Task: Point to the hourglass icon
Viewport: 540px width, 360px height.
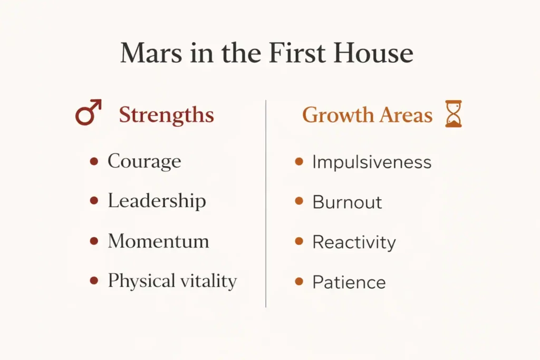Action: pos(453,114)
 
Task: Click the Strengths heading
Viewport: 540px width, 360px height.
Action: pos(166,115)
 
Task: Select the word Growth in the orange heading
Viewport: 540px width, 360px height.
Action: pos(339,115)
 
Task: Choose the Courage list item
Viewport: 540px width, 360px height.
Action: pos(144,161)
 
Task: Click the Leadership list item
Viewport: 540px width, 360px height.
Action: pos(157,201)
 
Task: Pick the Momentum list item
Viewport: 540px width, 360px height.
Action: pos(158,241)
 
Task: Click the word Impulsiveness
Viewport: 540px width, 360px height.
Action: pos(372,162)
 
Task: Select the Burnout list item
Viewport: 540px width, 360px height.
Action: pos(347,202)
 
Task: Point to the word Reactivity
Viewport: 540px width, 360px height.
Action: pos(354,242)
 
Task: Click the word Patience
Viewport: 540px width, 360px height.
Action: pos(349,282)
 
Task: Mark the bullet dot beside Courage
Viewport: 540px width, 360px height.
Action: pos(94,161)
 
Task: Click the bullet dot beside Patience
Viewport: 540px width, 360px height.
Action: pos(299,281)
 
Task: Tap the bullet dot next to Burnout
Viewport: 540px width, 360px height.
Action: pos(299,201)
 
